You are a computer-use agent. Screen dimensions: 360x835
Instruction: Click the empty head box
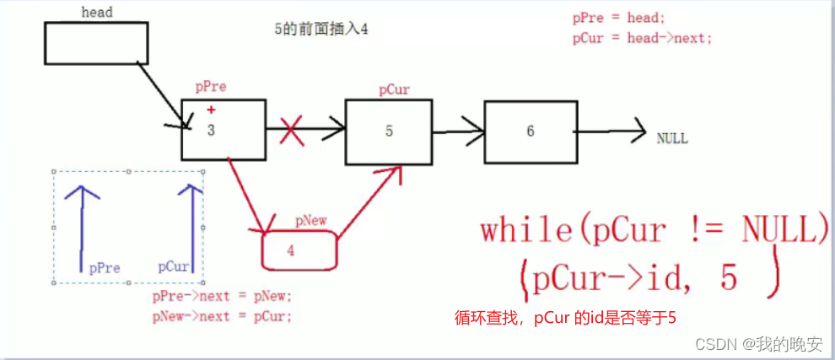tap(95, 43)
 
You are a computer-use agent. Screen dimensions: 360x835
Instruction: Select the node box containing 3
tap(224, 129)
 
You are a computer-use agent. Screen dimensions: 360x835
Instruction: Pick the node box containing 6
tap(531, 131)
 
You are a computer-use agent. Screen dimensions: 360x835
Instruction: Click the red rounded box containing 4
tap(299, 250)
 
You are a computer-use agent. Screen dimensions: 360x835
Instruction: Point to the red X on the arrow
tap(292, 132)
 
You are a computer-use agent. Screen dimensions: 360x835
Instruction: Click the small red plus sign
tap(211, 110)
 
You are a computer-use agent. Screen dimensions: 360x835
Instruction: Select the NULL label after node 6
tap(671, 138)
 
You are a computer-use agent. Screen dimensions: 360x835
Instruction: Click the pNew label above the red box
tap(310, 222)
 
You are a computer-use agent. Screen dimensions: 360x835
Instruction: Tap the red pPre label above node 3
tap(211, 87)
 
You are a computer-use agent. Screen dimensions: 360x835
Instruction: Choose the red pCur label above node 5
tap(395, 89)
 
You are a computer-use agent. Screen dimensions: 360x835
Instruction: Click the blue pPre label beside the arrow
tap(105, 268)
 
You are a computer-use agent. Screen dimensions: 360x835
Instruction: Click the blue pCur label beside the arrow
tap(174, 266)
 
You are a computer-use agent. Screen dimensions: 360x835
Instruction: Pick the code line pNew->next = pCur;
tap(222, 317)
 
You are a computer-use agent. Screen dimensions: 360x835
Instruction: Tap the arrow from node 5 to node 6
tap(457, 132)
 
